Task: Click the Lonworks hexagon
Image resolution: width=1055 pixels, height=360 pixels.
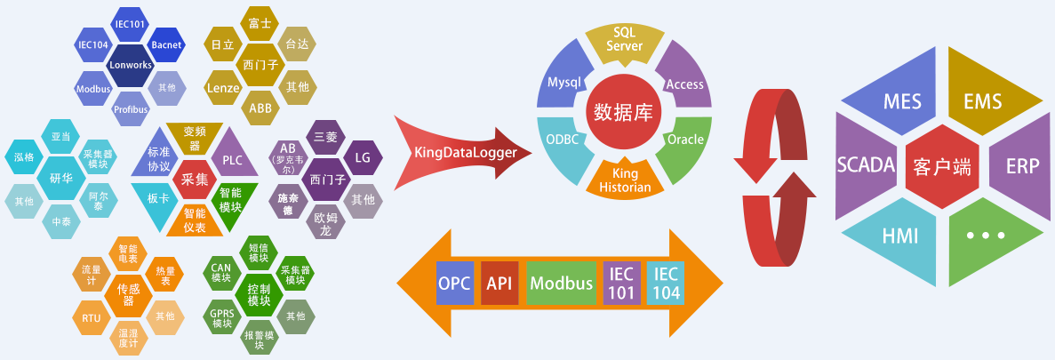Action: pyautogui.click(x=131, y=65)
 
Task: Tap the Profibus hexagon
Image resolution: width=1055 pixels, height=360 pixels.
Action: pyautogui.click(x=131, y=109)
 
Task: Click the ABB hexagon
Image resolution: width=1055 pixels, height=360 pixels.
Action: pyautogui.click(x=260, y=108)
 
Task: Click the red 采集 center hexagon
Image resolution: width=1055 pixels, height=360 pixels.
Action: pyautogui.click(x=194, y=179)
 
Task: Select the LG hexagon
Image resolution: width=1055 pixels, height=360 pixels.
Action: pyautogui.click(x=362, y=157)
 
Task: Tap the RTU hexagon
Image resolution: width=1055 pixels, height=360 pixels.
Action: pyautogui.click(x=91, y=317)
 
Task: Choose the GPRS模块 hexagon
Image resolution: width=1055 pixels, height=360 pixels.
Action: pyautogui.click(x=222, y=317)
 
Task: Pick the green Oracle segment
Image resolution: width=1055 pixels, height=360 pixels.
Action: pyautogui.click(x=684, y=140)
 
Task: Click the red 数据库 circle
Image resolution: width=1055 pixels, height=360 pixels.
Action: pyautogui.click(x=624, y=111)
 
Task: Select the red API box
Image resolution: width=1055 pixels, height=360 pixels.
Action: pyautogui.click(x=500, y=284)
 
